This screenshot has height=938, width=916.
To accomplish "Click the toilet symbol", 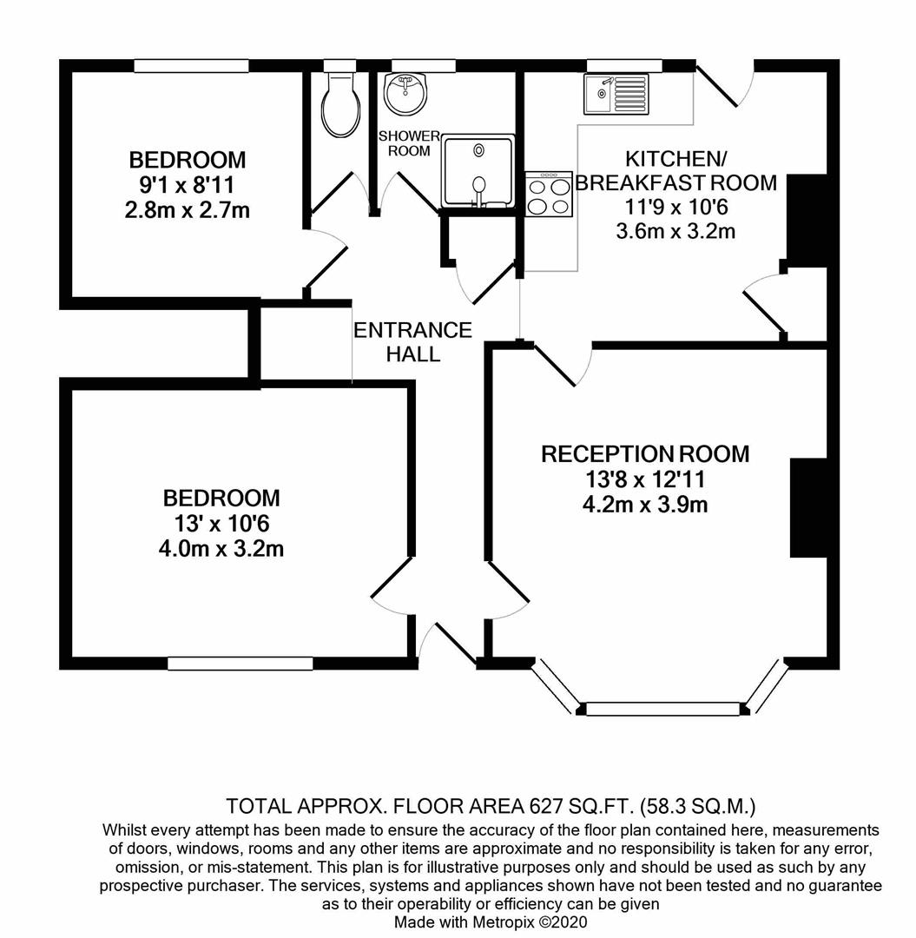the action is point(341,106).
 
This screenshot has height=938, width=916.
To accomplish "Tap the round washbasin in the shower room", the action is point(405,94).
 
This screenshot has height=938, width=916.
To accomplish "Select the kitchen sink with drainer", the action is point(616,94).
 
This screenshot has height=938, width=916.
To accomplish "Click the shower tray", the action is point(478,172).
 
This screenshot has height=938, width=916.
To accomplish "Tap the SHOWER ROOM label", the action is point(409,143).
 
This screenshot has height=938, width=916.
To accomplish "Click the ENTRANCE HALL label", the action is point(412,341).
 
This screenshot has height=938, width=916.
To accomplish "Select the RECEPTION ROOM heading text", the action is point(645,454).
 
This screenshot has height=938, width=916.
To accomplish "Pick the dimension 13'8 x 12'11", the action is point(645,479).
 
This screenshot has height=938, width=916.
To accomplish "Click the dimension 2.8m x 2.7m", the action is point(188,210).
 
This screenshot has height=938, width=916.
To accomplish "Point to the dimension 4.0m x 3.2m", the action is point(221,549).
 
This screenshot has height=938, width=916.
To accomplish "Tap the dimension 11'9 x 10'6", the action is point(676,207).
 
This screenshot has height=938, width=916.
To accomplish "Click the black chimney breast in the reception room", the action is point(809,508).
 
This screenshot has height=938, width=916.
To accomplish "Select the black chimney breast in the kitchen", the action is point(807,221).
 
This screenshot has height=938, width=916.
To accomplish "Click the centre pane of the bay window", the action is point(663,709).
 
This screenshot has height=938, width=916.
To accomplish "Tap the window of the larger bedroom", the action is point(241,664).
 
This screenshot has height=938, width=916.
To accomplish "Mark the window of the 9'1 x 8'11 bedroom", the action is point(191,66).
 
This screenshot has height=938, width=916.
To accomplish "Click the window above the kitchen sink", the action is point(626,66).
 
